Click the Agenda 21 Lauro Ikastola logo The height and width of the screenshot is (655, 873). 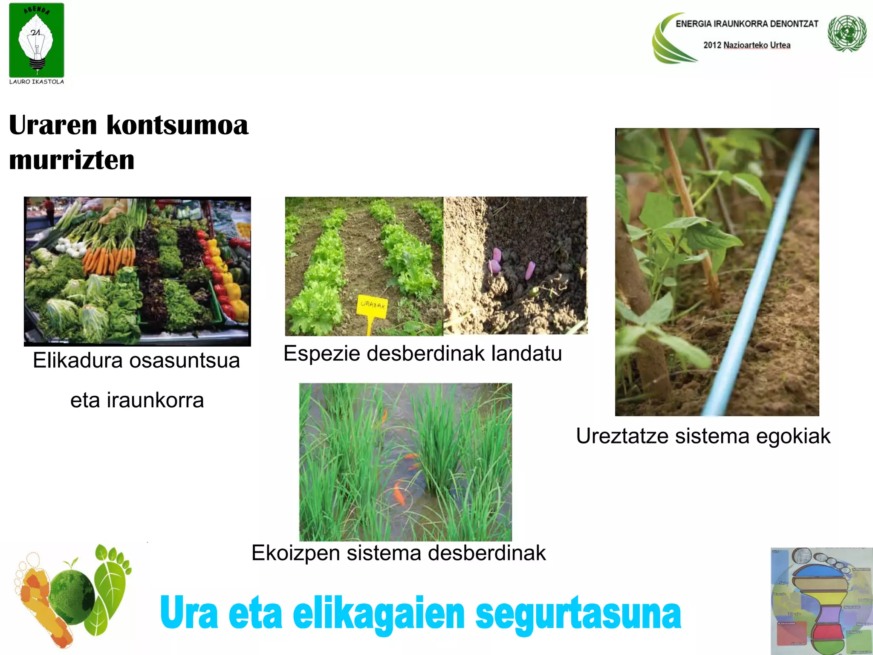pos(37,43)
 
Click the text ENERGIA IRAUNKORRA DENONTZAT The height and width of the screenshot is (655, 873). pos(747,24)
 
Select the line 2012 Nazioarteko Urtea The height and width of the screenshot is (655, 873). pos(747,45)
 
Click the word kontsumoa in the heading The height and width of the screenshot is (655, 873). pos(177,125)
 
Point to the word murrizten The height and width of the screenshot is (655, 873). pos(72,160)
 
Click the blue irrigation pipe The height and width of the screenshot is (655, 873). pos(759,273)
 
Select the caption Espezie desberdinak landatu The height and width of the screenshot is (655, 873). pos(422,354)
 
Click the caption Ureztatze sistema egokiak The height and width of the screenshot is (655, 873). pos(703,436)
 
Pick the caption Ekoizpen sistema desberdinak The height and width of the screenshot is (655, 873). pos(399,553)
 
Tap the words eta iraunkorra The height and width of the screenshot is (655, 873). pos(137,400)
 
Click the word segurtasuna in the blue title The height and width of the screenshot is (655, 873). pos(578,614)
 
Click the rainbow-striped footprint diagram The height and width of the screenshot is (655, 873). pos(821,601)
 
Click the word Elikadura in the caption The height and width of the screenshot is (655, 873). pos(78,361)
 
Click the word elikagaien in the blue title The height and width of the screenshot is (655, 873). pos(379,614)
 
